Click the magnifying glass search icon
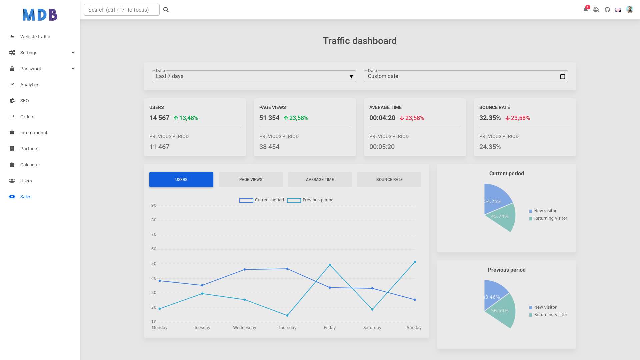166,10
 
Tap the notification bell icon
586,10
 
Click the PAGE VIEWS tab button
251,180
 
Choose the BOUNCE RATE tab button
389,180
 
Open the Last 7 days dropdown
254,76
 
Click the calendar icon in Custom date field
563,76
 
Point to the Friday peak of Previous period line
330,265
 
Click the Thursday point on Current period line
287,269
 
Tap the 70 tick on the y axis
154,234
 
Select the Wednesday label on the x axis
245,328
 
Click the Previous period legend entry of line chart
310,200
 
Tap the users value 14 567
159,118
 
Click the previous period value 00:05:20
382,147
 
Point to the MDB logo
40,15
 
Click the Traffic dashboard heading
360,41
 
